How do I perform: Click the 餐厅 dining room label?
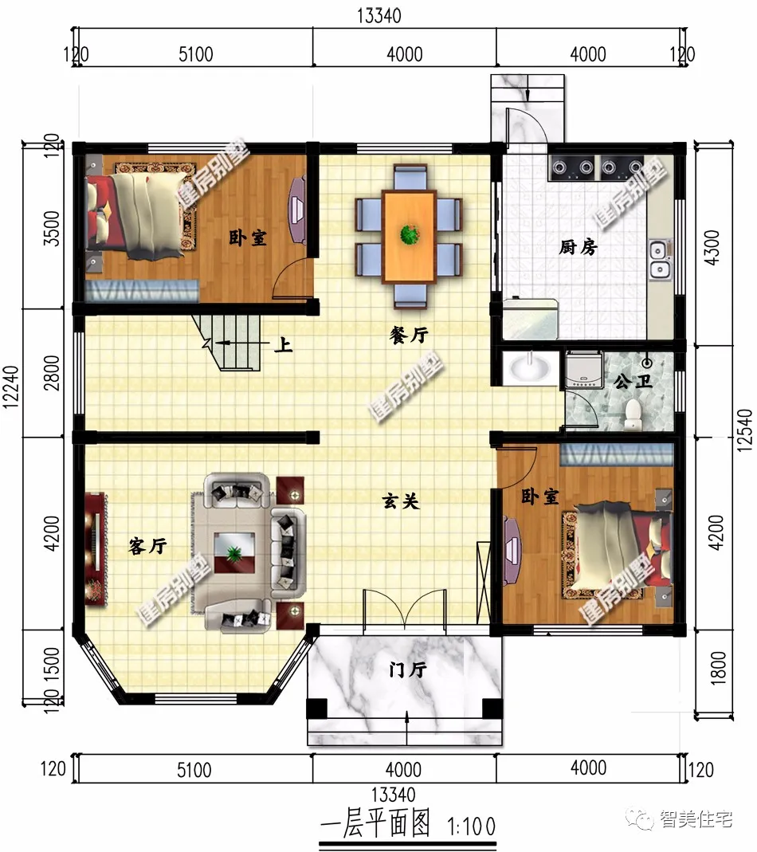[409, 335]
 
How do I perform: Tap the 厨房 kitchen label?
[579, 247]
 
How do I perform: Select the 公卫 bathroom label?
[633, 382]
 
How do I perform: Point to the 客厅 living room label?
[147, 545]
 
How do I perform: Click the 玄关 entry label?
[401, 501]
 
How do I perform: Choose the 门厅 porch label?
[408, 669]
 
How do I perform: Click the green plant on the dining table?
[410, 235]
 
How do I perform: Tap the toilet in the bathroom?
[633, 414]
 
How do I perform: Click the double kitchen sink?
[659, 260]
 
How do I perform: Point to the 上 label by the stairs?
[283, 344]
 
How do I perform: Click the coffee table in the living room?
[234, 552]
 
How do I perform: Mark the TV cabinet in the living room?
[96, 548]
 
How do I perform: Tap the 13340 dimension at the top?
[378, 16]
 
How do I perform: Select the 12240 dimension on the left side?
[11, 387]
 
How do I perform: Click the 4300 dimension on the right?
[712, 248]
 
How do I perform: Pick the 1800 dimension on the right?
[717, 668]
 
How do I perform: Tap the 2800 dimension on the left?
[52, 373]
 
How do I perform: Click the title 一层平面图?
[375, 824]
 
